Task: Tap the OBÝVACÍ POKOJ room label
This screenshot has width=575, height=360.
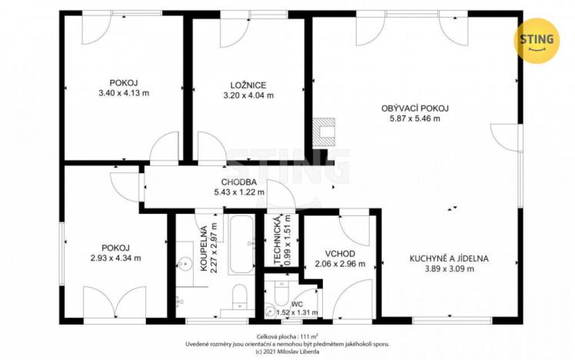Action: tap(414, 108)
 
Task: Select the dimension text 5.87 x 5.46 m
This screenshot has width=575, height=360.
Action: tap(414, 119)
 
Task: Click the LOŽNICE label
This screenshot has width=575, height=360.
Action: tap(248, 84)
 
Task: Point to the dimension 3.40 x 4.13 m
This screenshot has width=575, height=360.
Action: tap(124, 92)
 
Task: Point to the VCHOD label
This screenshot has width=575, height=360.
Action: tap(338, 253)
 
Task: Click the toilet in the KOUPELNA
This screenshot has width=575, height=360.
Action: tap(238, 298)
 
